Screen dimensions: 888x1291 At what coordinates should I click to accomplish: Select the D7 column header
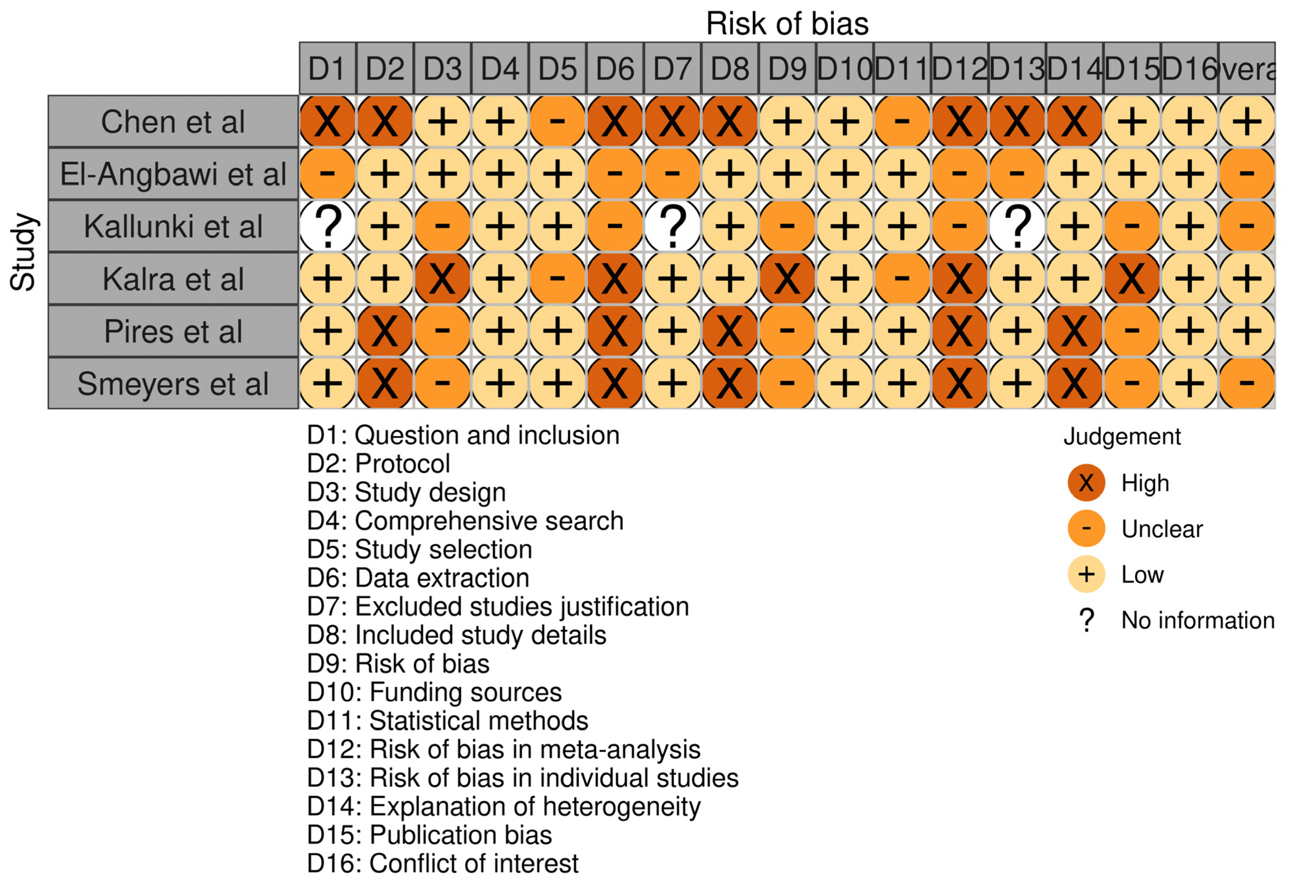tap(672, 69)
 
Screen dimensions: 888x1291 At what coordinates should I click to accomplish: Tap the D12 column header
tap(960, 69)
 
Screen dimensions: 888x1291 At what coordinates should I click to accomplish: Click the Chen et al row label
tap(173, 121)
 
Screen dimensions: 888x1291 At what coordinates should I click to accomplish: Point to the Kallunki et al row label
tap(173, 226)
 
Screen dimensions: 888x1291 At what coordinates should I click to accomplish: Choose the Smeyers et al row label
tap(173, 383)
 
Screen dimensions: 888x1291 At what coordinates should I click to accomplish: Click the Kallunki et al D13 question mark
tap(1017, 226)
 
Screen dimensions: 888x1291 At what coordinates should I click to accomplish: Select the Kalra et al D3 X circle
tap(442, 278)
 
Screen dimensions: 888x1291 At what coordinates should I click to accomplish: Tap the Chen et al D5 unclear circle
tap(557, 121)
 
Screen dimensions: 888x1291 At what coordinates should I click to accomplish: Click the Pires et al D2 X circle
tap(385, 331)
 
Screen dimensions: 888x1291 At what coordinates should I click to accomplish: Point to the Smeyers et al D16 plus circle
tap(1189, 383)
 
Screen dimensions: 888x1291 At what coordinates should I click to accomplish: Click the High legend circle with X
tap(1086, 482)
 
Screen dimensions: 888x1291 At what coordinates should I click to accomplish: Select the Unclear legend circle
tap(1086, 528)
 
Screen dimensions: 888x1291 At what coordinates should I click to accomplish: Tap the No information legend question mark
tap(1086, 620)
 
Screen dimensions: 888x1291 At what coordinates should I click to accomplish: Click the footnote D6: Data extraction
tap(418, 578)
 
